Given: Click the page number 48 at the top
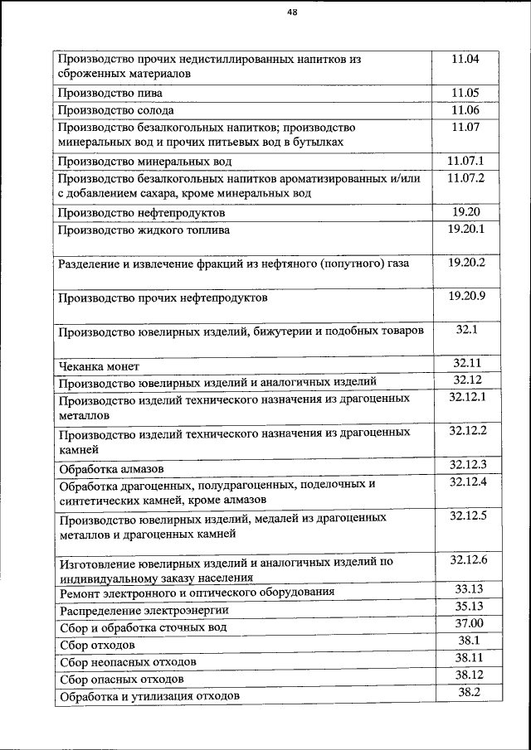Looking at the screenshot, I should (x=292, y=12).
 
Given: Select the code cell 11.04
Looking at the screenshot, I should (x=465, y=59).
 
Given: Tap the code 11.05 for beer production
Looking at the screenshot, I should (x=465, y=92).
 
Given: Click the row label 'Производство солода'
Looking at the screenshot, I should (x=116, y=110).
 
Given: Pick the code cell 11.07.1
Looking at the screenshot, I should (x=465, y=160).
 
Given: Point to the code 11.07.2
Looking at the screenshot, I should (x=465, y=177).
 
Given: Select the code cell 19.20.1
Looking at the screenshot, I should (x=465, y=228).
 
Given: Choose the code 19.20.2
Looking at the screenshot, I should (x=465, y=262).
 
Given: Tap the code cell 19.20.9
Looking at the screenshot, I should (x=465, y=295).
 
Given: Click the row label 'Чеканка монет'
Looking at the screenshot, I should (x=99, y=365).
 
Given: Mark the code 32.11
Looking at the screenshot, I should (x=467, y=363).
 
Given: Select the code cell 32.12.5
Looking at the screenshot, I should (x=467, y=515).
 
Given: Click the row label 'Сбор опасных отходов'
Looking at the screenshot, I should (x=121, y=680).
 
